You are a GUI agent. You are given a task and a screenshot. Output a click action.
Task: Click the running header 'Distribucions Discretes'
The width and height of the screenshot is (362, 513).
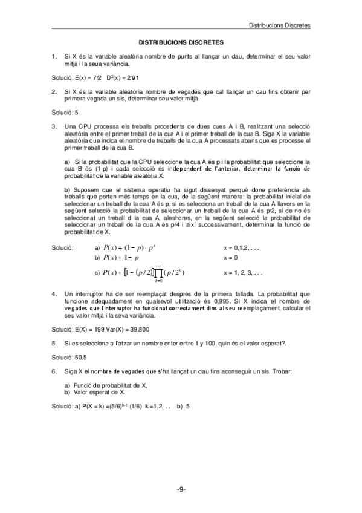tap(280, 26)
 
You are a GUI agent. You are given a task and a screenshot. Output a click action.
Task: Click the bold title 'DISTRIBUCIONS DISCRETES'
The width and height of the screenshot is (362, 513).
tap(181, 43)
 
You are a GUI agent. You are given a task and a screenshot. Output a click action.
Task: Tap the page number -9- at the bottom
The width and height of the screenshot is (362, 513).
tap(181, 488)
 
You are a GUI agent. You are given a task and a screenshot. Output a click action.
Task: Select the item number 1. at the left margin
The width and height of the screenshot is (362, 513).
tap(54, 56)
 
